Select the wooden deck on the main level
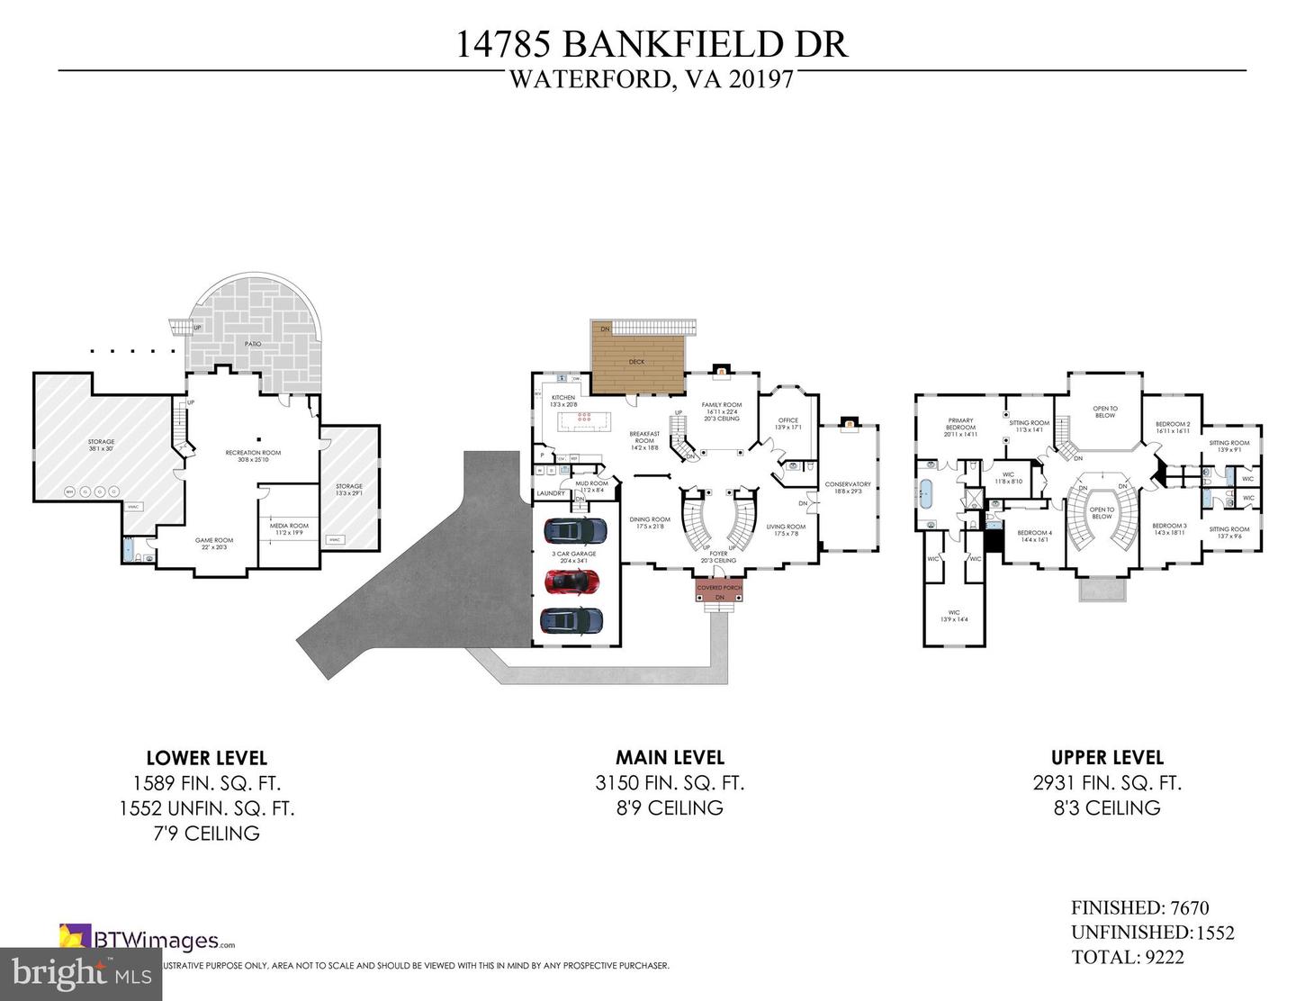tap(638, 359)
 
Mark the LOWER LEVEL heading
tap(206, 758)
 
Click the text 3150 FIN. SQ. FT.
tap(670, 783)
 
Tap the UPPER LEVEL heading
tap(1107, 758)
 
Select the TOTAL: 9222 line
tap(1128, 957)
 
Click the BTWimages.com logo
tap(148, 938)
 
